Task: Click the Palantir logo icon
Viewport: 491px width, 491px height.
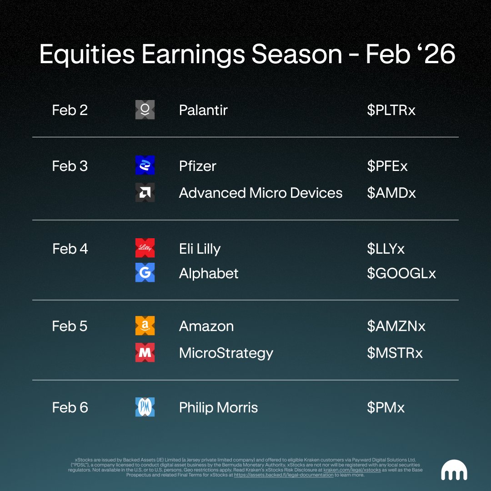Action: click(145, 110)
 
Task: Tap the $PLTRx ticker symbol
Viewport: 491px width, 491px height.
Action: click(391, 110)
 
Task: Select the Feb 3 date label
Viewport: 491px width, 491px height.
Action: click(70, 166)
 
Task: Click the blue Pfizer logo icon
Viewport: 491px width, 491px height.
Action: click(145, 165)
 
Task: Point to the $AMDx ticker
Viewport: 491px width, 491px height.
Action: click(391, 193)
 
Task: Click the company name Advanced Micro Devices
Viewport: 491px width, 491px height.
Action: click(261, 193)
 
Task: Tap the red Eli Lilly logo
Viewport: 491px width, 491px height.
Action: click(145, 248)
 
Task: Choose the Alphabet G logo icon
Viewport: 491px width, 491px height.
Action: click(145, 272)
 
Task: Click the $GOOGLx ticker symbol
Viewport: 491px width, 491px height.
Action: click(401, 273)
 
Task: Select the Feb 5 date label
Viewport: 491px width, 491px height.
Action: click(70, 326)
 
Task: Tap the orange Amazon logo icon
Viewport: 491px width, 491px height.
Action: click(145, 326)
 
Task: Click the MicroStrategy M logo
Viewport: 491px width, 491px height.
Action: click(145, 353)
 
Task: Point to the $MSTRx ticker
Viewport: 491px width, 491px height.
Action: click(395, 353)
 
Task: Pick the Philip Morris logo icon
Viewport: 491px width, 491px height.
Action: click(145, 407)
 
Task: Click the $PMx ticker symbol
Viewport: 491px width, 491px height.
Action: click(386, 407)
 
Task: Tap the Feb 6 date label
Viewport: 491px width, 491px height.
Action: click(70, 407)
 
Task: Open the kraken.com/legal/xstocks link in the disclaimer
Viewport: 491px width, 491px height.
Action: click(352, 470)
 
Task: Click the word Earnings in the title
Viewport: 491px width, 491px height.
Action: click(193, 55)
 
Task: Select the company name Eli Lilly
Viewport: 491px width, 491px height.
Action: click(200, 249)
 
